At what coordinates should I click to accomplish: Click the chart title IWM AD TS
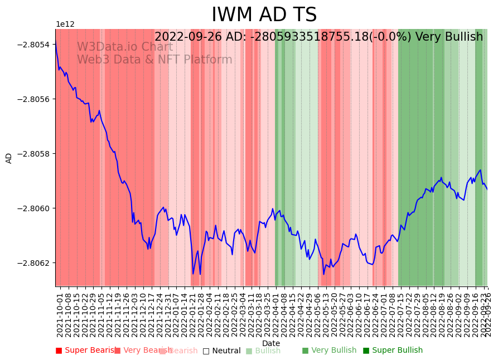point(264,15)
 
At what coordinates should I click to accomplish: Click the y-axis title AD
point(9,158)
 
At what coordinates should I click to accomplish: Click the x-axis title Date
point(271,343)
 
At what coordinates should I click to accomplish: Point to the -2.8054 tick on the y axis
point(36,45)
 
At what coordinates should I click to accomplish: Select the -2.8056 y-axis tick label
point(36,99)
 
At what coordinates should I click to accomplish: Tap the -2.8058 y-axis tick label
point(36,154)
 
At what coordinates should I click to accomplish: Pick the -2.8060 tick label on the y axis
point(36,208)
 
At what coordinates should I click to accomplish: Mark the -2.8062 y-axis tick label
point(36,263)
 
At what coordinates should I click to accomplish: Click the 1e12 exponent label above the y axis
point(65,25)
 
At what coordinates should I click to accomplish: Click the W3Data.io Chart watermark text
point(125,47)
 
